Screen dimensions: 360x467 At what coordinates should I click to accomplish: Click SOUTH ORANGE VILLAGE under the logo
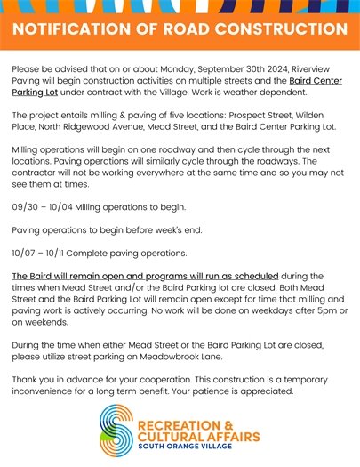pos(185,448)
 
